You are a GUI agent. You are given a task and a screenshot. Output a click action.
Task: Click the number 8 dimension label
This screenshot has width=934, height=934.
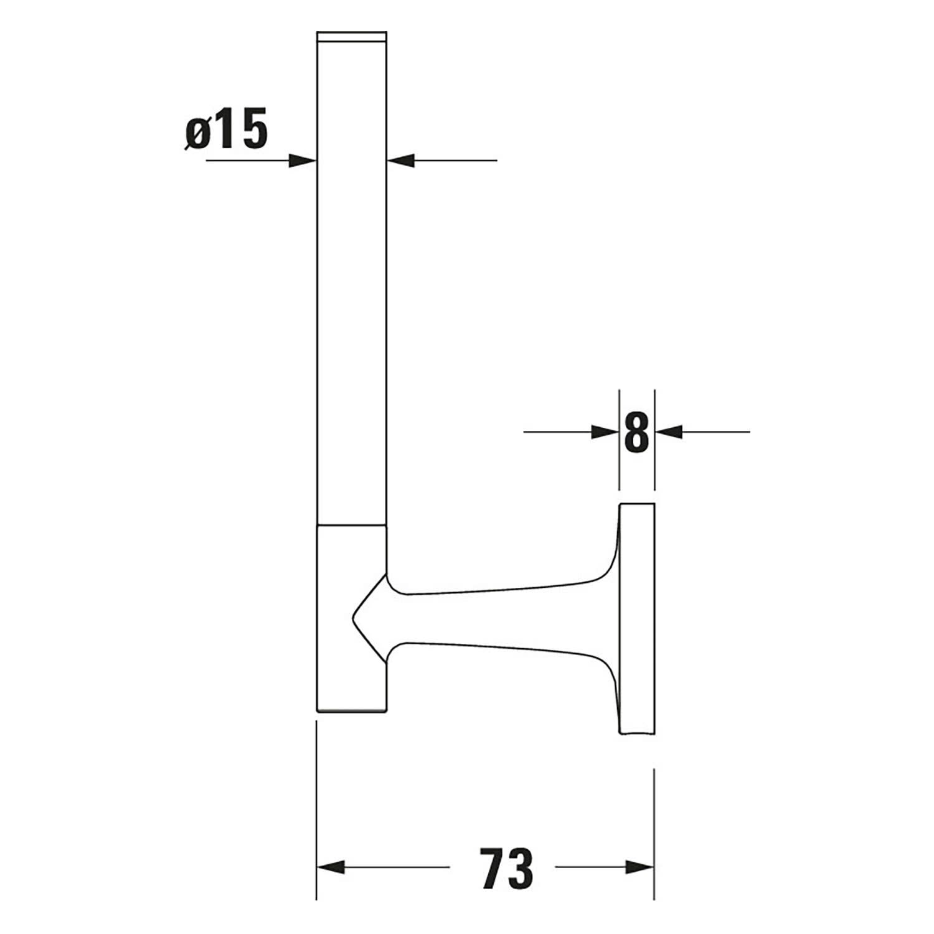(x=636, y=432)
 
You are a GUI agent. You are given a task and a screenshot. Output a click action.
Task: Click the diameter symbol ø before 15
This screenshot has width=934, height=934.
(x=197, y=134)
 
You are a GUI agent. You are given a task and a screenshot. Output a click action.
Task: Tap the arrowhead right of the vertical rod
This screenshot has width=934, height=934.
(x=400, y=161)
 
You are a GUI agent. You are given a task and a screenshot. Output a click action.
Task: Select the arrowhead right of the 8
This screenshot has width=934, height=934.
(x=669, y=432)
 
